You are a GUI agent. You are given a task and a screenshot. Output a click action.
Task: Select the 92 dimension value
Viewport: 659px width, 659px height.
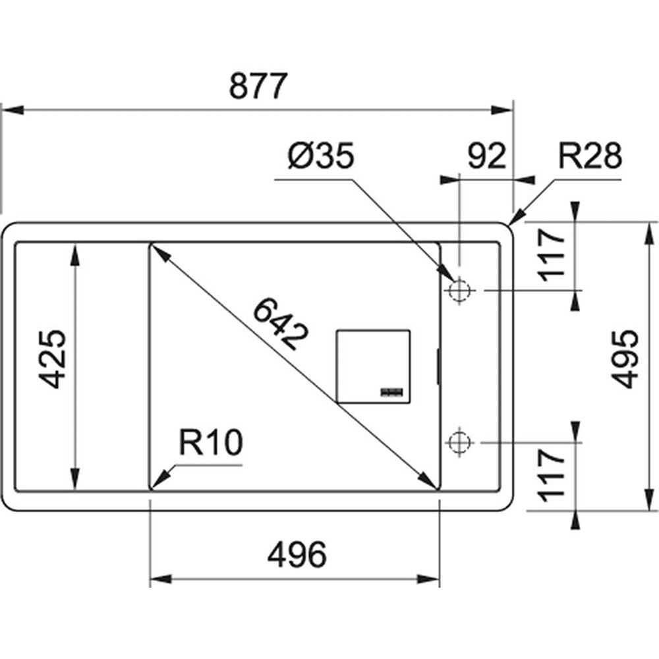click(487, 157)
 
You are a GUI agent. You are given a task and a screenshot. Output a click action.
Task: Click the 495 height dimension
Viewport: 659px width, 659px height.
click(623, 359)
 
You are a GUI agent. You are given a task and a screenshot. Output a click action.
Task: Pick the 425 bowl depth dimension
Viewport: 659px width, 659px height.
click(51, 359)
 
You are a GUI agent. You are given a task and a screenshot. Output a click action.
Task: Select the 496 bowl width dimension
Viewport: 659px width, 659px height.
click(297, 556)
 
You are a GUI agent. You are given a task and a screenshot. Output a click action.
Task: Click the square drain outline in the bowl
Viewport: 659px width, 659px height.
click(374, 365)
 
